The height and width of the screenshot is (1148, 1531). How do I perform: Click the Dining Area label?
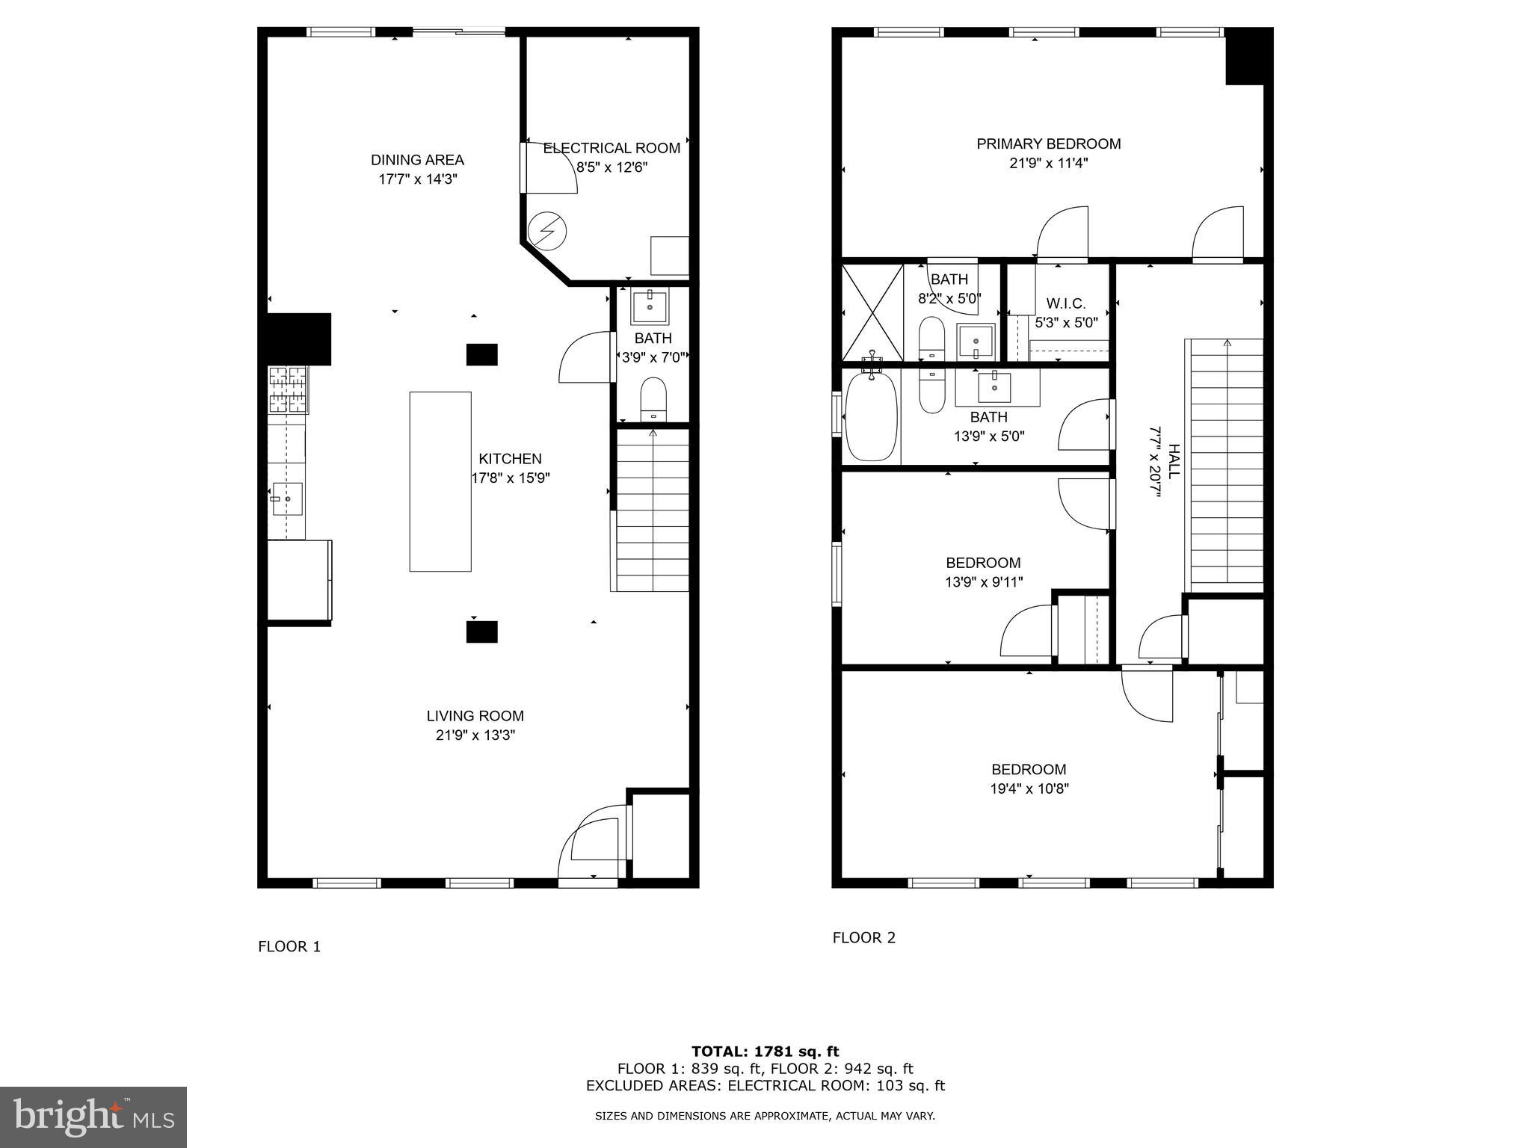[x=417, y=160]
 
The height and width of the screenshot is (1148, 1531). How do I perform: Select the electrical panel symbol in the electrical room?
[x=546, y=231]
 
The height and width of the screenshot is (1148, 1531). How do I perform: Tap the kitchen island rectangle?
[x=440, y=481]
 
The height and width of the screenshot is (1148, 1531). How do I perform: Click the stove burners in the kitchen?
[x=288, y=389]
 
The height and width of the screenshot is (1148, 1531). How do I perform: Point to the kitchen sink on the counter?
[x=287, y=497]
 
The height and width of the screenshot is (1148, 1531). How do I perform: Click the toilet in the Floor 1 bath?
[x=653, y=400]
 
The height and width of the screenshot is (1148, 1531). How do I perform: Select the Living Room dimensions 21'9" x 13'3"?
[x=475, y=735]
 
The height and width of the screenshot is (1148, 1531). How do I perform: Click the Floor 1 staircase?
[x=653, y=508]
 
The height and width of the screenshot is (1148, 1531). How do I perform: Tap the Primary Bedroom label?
[x=1048, y=143]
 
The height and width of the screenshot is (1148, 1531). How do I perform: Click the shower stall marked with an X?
[x=872, y=312]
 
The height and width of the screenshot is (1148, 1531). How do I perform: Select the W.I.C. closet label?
[x=1066, y=303]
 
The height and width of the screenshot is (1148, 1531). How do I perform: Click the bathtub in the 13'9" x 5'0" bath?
[x=870, y=416]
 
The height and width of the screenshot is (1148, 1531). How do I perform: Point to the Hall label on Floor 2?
[x=1174, y=461]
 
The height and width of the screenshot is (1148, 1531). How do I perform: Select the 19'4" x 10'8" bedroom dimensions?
[x=1029, y=789]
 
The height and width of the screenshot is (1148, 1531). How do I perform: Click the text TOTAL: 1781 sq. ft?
[x=765, y=1052]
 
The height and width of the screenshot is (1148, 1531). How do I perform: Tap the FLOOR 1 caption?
[x=289, y=947]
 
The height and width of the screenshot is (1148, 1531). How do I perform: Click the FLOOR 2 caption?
[x=863, y=937]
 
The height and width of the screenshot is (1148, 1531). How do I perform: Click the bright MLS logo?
[x=93, y=1117]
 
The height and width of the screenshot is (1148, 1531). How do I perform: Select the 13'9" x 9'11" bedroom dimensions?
[x=983, y=581]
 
